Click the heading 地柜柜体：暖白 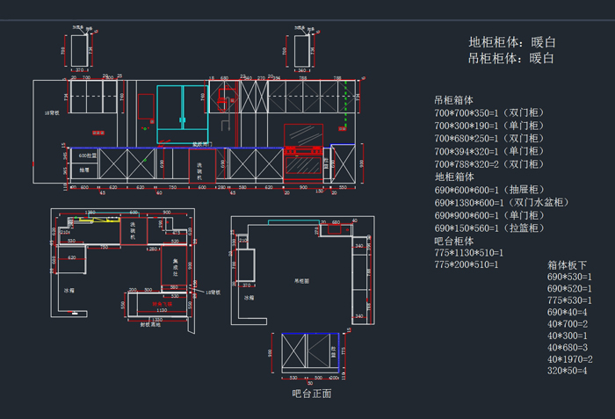[x=512, y=42]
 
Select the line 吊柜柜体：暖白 [x=512, y=59]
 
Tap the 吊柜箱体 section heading [x=454, y=100]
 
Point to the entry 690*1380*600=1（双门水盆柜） [x=502, y=202]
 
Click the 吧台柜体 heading [x=454, y=241]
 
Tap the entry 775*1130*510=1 [x=467, y=253]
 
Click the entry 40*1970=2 [x=570, y=359]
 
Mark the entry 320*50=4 [x=568, y=371]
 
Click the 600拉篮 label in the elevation [x=87, y=155]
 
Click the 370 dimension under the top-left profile [x=79, y=69]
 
